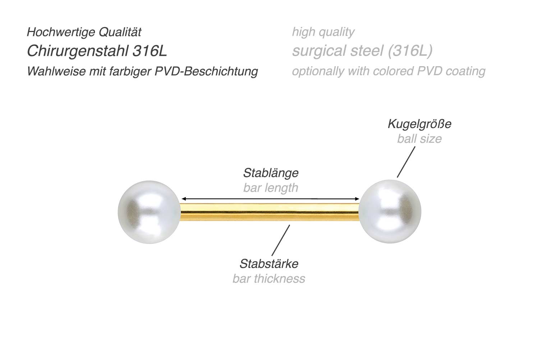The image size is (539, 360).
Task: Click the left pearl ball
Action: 149,212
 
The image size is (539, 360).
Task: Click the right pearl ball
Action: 390,211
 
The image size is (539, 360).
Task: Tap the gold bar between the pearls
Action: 269,212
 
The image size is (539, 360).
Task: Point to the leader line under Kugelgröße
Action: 406,162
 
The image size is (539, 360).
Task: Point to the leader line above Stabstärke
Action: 281,240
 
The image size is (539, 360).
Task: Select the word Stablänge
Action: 271,173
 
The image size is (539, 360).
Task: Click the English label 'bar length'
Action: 271,188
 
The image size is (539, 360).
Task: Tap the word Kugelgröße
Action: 419,124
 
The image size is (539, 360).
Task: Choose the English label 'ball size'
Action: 419,139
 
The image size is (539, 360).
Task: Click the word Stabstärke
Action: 269,264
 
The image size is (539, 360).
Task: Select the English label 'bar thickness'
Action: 269,279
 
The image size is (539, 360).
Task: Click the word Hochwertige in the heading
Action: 61,32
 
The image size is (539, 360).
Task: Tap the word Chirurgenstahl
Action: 78,51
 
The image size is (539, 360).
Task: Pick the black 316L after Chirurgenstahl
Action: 150,51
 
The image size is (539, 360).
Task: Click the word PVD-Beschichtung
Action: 207,71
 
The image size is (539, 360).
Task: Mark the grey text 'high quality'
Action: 323,32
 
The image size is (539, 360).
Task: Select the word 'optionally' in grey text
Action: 318,71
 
